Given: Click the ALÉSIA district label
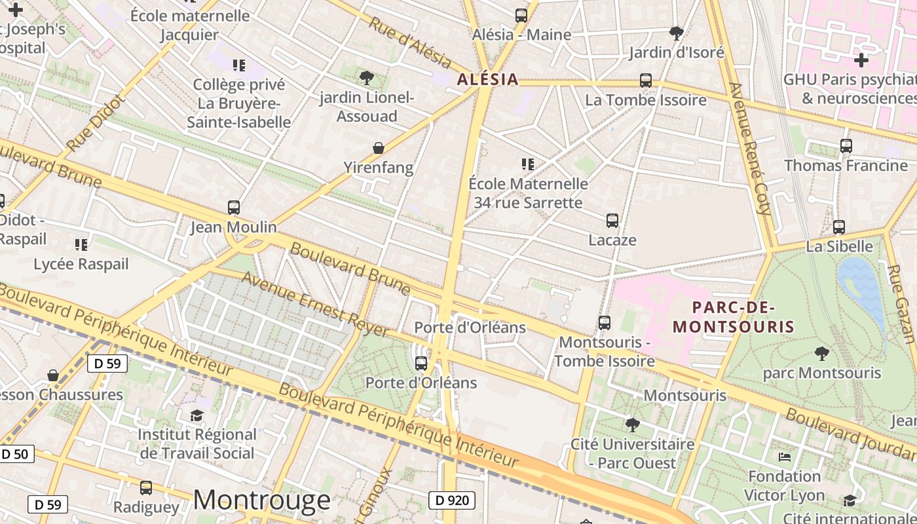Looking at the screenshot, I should [x=488, y=80].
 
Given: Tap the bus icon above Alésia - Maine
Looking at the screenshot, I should [x=521, y=15].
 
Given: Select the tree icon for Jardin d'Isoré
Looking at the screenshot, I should [x=677, y=33].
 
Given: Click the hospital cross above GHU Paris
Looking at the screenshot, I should [x=861, y=61].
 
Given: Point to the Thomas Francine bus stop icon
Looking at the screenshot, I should [x=846, y=146].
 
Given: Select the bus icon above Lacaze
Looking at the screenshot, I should [x=612, y=221].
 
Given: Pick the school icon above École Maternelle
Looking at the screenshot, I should [x=528, y=164].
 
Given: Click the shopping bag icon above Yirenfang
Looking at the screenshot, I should [x=379, y=148].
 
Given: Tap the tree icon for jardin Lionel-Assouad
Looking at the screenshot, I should [x=367, y=78].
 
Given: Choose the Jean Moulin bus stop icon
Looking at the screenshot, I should [x=234, y=208].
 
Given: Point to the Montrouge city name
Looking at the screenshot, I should [x=261, y=500].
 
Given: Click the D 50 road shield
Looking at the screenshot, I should [x=16, y=454].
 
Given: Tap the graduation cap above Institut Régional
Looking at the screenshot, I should [x=196, y=415].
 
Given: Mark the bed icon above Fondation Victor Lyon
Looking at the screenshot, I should [x=785, y=457].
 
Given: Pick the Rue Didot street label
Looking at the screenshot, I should [x=94, y=124].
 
